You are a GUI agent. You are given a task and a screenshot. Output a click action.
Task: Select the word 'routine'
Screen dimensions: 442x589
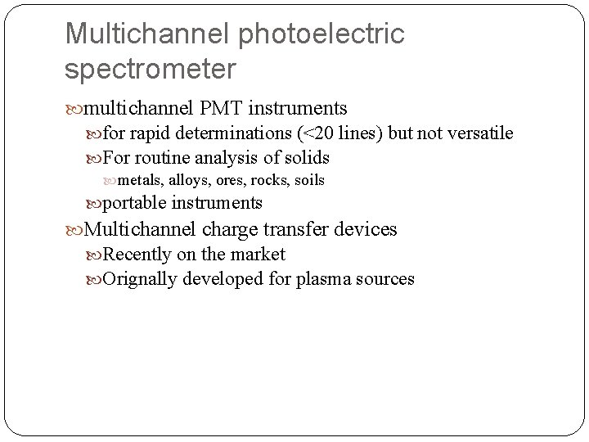167,157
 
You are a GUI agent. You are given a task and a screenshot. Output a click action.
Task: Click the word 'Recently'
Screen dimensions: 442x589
137,255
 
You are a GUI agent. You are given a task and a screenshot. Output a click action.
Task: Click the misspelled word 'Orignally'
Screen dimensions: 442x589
139,279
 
